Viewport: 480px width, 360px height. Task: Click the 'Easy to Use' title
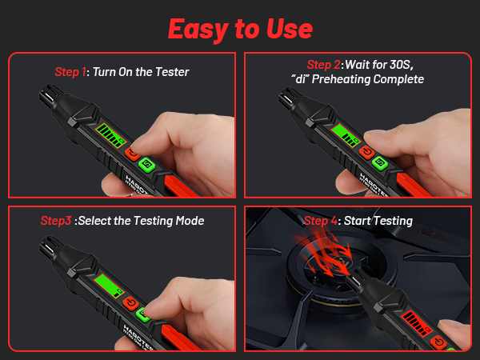pyautogui.click(x=240, y=27)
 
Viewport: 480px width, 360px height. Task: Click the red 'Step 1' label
pyautogui.click(x=72, y=72)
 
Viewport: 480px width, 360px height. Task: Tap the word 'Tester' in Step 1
pyautogui.click(x=173, y=72)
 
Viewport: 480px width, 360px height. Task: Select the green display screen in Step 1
pyautogui.click(x=110, y=135)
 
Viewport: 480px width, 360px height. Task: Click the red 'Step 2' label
pyautogui.click(x=325, y=65)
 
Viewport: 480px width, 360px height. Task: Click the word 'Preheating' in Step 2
pyautogui.click(x=349, y=79)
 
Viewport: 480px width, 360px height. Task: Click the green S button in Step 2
pyautogui.click(x=380, y=164)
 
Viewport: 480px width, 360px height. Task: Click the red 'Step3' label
pyautogui.click(x=56, y=221)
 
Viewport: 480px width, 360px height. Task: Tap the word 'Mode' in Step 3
pyautogui.click(x=188, y=221)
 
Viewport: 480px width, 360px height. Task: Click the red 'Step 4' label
pyautogui.click(x=322, y=221)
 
